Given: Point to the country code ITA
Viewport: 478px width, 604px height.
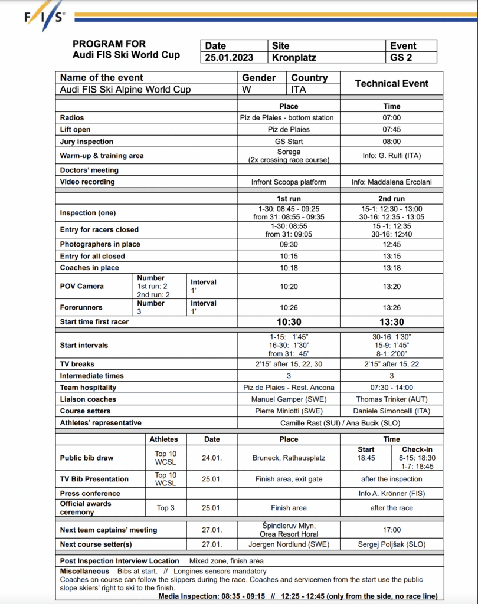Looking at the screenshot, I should (299, 90).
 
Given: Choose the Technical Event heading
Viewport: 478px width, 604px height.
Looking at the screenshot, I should (391, 84).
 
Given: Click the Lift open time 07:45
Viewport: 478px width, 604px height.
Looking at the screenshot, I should (391, 130).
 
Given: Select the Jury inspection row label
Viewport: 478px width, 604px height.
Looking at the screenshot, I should (87, 142).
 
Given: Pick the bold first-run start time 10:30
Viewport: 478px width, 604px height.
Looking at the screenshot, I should (289, 322).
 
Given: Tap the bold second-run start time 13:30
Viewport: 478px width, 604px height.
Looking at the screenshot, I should (391, 322).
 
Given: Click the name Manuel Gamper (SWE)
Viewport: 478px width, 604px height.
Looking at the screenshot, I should (289, 399).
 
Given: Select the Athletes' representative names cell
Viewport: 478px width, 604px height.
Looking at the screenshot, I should (339, 423).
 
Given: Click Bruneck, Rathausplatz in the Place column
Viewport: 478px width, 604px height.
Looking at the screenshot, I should (289, 458).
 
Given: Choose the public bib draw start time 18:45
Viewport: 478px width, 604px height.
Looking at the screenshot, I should (366, 458).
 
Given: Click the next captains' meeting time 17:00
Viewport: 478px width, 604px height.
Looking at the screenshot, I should (391, 530).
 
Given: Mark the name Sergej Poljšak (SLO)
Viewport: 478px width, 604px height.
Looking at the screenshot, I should (391, 544).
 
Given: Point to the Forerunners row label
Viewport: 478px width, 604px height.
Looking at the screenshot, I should (81, 307).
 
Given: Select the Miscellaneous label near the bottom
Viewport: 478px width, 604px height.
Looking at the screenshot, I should (84, 571).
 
